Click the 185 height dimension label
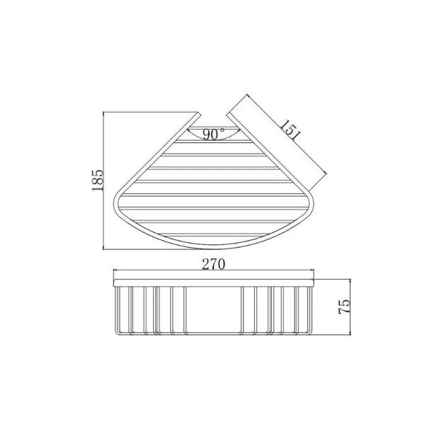tap(97, 181)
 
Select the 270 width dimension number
tap(213, 265)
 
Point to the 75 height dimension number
tap(345, 306)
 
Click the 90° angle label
tap(213, 134)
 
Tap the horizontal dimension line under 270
tap(213, 271)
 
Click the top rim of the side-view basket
tap(213, 280)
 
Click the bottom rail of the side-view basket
tap(213, 334)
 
